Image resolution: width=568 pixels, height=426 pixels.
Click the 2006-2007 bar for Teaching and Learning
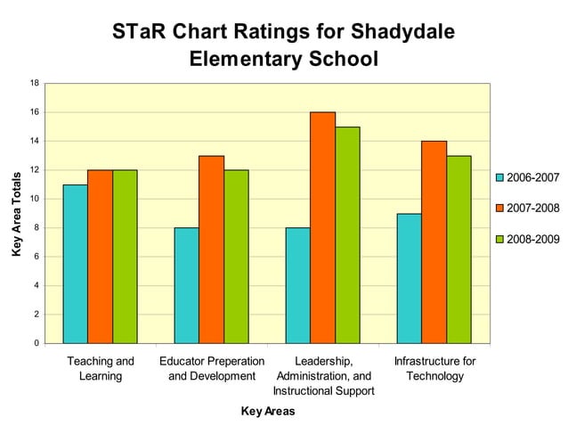pyautogui.click(x=75, y=264)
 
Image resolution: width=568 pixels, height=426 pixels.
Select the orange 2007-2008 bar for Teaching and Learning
pyautogui.click(x=100, y=257)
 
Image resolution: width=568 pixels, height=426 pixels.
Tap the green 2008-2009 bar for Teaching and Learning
pyautogui.click(x=125, y=257)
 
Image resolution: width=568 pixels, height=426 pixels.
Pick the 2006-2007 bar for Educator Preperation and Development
pyautogui.click(x=186, y=285)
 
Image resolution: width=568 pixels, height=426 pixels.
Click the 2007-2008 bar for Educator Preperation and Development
pyautogui.click(x=211, y=250)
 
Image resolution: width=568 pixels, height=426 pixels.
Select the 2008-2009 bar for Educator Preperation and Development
pyautogui.click(x=236, y=257)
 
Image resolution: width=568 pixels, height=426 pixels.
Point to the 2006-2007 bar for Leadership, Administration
pyautogui.click(x=297, y=285)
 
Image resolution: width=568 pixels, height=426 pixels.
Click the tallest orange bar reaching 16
pyautogui.click(x=322, y=227)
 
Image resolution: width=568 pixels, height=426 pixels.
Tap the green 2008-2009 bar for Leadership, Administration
pyautogui.click(x=347, y=235)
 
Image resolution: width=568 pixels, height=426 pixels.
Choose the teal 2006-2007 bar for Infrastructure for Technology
pyautogui.click(x=409, y=278)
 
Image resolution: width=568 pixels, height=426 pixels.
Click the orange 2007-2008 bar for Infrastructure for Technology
pyautogui.click(x=434, y=242)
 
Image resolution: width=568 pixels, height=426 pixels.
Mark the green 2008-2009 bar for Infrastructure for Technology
pyautogui.click(x=458, y=250)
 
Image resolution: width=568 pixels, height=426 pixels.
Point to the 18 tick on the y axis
pyautogui.click(x=34, y=84)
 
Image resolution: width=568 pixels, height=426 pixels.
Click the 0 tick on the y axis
pyautogui.click(x=36, y=343)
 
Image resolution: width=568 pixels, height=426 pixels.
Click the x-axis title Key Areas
pyautogui.click(x=267, y=411)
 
